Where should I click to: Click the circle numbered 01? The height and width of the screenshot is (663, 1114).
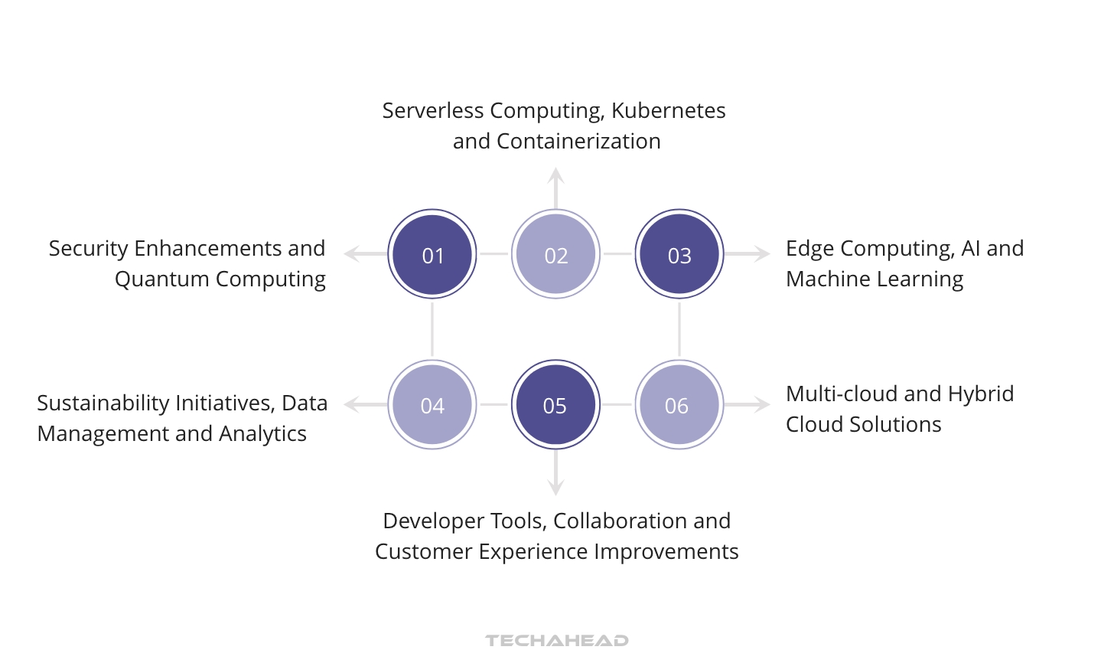(x=432, y=254)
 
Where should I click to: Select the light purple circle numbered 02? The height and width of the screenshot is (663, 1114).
(x=555, y=254)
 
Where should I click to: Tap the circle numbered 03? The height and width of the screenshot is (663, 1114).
(x=679, y=254)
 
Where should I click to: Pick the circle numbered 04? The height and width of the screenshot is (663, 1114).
(x=432, y=404)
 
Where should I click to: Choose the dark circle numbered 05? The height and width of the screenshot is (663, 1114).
(x=555, y=404)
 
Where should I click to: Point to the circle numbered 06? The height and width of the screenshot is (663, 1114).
(x=679, y=404)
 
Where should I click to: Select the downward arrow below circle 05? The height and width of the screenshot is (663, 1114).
(x=556, y=475)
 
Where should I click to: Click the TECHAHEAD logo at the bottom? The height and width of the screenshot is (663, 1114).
(x=556, y=640)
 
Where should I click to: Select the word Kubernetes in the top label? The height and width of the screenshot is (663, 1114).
(x=668, y=111)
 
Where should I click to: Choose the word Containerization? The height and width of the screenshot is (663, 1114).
(x=578, y=142)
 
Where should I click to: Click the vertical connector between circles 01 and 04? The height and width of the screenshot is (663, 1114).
(x=432, y=329)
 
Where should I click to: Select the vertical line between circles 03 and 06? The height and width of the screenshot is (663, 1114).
(x=679, y=329)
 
